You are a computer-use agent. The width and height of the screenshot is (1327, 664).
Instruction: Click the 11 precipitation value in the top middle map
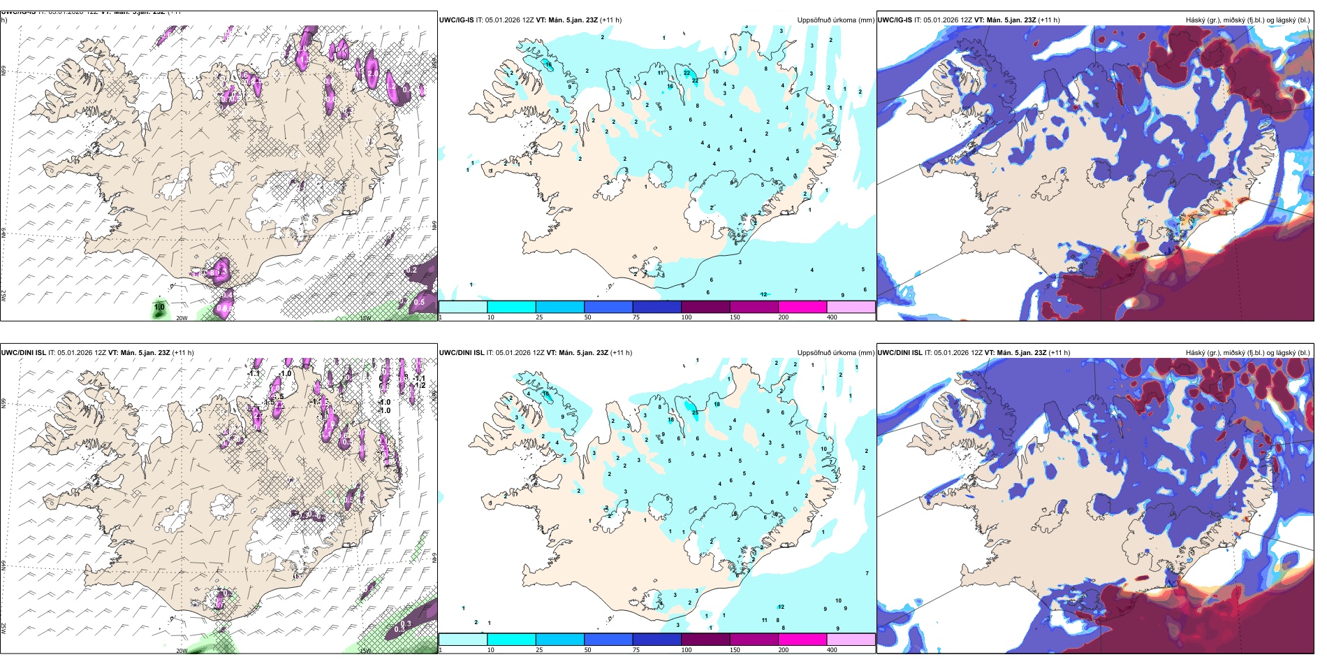[660, 73]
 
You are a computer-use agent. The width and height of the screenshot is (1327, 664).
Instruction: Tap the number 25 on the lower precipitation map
[695, 413]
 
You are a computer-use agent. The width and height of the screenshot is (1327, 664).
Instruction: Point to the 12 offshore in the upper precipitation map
[764, 294]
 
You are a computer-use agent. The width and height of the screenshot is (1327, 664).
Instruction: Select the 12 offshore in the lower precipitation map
[782, 607]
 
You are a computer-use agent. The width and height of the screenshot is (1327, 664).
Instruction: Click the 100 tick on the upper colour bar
[687, 317]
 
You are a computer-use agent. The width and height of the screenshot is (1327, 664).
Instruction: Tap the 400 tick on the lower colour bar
[832, 650]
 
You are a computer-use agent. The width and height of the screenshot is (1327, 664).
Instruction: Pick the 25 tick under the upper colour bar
[539, 317]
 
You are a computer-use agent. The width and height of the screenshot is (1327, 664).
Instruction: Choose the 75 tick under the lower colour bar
[636, 650]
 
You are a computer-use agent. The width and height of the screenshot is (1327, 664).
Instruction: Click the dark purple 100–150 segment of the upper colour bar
[705, 307]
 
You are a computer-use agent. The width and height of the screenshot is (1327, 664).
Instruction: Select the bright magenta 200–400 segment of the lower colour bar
[802, 640]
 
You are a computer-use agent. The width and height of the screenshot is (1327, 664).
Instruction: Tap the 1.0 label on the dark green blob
[159, 308]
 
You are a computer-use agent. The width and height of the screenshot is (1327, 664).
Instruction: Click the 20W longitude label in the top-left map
[182, 318]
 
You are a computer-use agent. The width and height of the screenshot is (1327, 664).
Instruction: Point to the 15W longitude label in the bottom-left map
[365, 651]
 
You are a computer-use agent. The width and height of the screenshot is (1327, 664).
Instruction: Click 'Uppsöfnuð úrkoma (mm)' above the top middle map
[835, 20]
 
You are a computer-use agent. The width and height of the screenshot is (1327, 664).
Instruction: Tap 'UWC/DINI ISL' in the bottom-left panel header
[23, 353]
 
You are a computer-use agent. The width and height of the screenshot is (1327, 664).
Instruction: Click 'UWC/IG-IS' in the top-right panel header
[895, 20]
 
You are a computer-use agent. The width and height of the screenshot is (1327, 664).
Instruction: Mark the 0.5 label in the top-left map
[419, 303]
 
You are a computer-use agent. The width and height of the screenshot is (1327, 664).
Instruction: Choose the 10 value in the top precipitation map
[715, 71]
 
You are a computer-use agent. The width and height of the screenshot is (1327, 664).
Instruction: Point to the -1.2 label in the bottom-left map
[419, 385]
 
